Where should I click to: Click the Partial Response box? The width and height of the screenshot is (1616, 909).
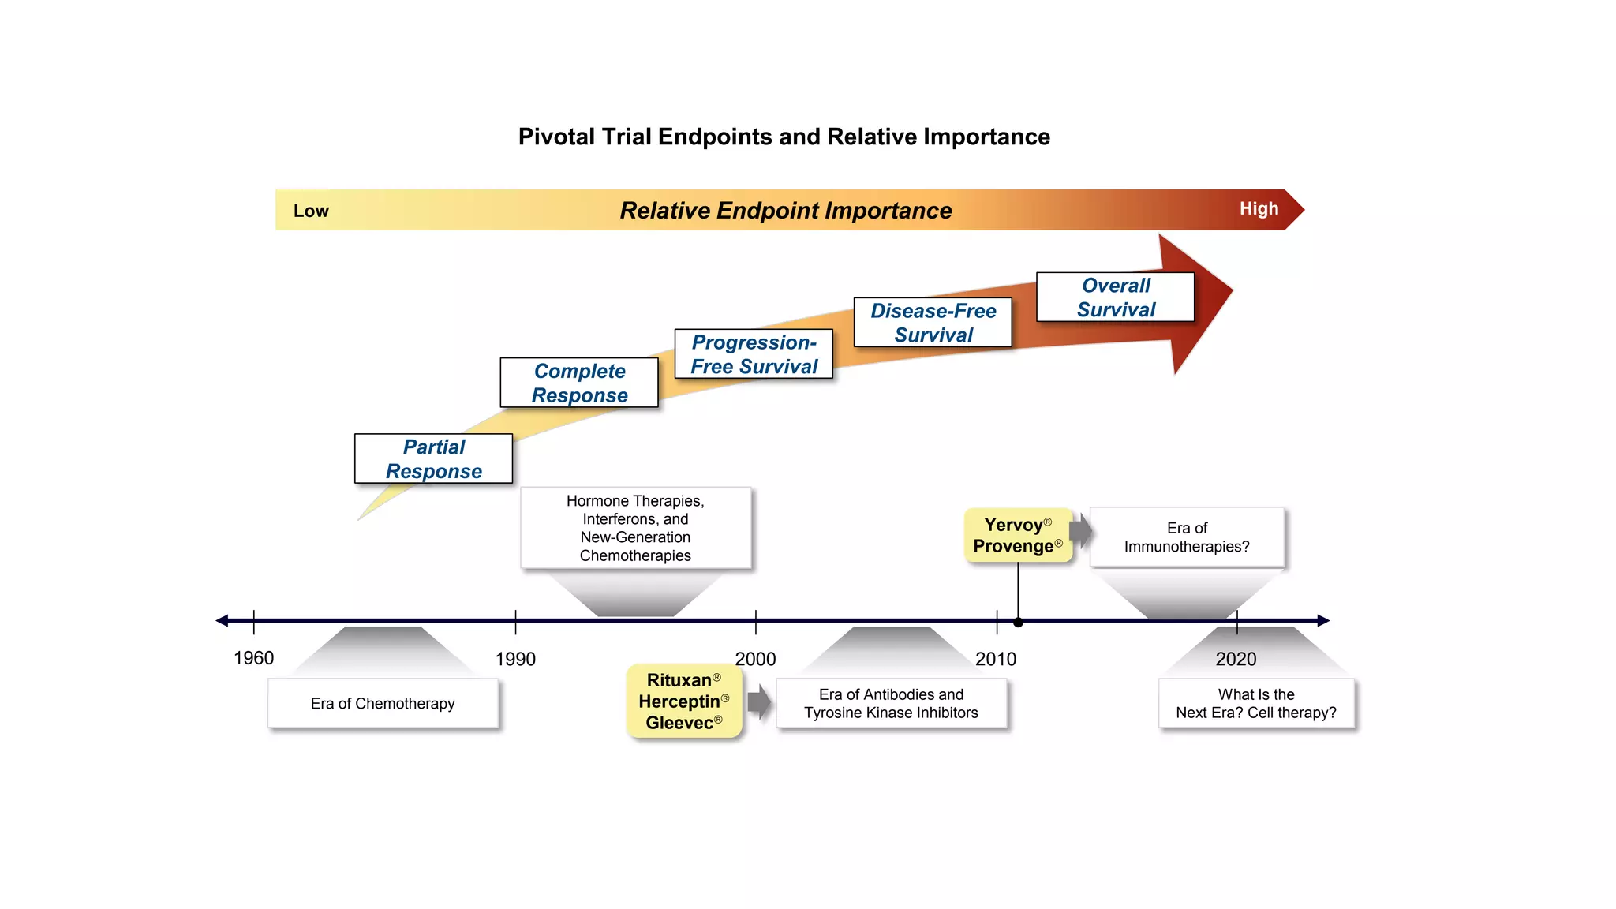coord(433,458)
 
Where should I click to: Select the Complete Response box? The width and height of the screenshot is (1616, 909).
coord(579,383)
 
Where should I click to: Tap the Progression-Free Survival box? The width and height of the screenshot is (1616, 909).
coord(754,354)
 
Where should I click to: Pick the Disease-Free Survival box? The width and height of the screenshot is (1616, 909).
coord(933,322)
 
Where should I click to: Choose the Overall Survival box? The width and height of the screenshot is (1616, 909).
coord(1115,297)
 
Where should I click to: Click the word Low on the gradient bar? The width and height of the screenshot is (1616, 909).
coord(311,211)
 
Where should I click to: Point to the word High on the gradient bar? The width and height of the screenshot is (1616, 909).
coord(1259,208)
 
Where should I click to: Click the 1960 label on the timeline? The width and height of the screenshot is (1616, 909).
coord(253,658)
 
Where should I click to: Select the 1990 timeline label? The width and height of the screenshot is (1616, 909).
coord(515,659)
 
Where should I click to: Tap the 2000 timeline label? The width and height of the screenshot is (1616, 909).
coord(755,659)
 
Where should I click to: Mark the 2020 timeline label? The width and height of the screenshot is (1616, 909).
coord(1236,659)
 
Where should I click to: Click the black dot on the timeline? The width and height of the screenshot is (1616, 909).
coord(1018,623)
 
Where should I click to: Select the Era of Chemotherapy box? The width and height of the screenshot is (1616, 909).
coord(383,703)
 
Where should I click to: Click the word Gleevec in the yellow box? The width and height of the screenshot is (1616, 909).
coord(679,723)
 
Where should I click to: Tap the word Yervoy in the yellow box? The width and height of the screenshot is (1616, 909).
coord(1013,525)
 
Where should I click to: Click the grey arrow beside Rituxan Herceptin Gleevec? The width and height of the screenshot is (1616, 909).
coord(759,701)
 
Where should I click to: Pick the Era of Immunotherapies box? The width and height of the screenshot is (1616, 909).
coord(1187,537)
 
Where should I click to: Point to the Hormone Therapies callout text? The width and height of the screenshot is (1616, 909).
coord(635,528)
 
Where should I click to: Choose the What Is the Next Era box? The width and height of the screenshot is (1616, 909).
coord(1256,703)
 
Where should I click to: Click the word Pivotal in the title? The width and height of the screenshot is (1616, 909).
coord(556,137)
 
